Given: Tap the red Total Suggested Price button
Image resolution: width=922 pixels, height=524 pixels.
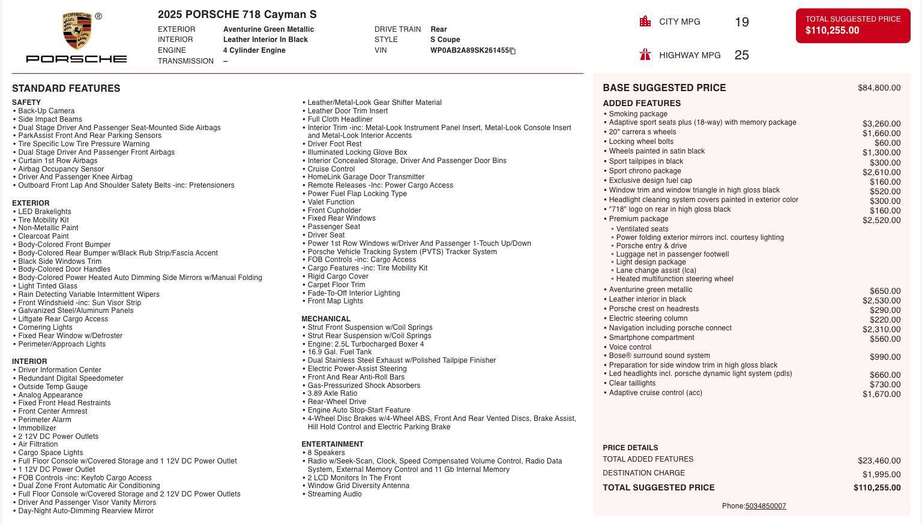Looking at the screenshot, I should (x=852, y=25).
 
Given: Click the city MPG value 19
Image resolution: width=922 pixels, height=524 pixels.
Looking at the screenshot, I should (x=741, y=22).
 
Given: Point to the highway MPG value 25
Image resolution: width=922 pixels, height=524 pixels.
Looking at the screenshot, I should (x=741, y=55).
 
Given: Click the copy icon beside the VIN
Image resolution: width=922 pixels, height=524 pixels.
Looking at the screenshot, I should (x=513, y=51).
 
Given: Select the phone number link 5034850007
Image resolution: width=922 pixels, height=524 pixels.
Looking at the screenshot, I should (x=765, y=506).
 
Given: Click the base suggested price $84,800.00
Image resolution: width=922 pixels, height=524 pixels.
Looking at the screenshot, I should (x=879, y=88).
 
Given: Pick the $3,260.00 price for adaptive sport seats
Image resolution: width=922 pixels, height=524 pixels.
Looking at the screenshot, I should (x=881, y=124).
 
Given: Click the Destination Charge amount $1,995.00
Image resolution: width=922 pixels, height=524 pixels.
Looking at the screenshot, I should (x=881, y=474).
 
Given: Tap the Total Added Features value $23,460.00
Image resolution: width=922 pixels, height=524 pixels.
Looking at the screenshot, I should (x=879, y=460).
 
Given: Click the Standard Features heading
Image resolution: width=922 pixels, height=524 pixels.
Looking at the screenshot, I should (x=66, y=89).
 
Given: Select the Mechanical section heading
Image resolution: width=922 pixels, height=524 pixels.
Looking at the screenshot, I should (x=325, y=319).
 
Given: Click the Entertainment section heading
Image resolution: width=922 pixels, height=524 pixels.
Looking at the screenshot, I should (x=332, y=444).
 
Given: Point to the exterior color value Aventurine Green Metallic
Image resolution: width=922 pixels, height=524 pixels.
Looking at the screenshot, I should (x=268, y=29).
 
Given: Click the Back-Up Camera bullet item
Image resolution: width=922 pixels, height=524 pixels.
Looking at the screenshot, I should (x=46, y=111).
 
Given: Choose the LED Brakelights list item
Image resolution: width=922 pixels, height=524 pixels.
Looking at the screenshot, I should (x=44, y=212).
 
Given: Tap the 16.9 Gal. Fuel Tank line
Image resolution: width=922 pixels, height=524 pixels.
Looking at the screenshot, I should (x=339, y=352).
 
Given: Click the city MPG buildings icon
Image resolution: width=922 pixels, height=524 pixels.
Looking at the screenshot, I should (x=645, y=22).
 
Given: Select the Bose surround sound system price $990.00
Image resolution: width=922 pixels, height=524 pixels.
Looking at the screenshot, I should (x=885, y=357).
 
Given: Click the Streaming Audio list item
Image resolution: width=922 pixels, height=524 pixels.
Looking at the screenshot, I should (x=334, y=494).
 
